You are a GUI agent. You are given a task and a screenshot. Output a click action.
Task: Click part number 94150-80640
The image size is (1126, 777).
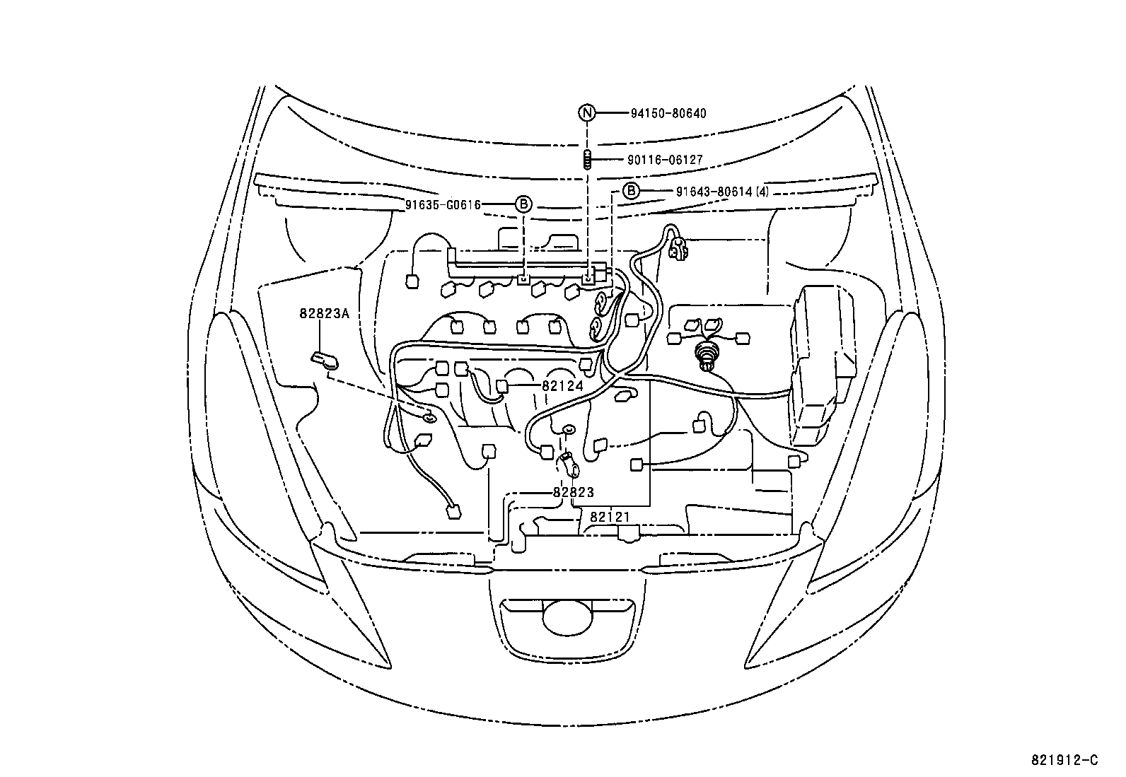click(666, 113)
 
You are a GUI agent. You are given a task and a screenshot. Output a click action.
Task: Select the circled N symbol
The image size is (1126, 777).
click(586, 113)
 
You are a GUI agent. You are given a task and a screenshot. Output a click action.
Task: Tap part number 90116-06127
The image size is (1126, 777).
click(664, 160)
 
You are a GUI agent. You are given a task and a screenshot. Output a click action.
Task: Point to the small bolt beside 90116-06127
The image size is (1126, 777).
click(587, 160)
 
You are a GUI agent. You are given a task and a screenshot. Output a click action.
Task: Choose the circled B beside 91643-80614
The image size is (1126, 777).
click(631, 191)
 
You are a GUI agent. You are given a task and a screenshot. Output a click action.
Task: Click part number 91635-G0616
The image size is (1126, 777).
click(443, 205)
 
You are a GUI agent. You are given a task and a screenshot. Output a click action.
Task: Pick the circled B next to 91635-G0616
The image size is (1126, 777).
click(522, 205)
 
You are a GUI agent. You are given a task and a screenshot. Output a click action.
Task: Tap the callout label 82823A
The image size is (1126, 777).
click(324, 313)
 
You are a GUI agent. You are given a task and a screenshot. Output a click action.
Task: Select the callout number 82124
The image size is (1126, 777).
click(562, 386)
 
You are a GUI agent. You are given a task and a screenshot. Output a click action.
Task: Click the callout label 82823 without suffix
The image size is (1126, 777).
click(573, 492)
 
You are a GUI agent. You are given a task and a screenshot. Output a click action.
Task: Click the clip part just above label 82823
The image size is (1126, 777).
click(569, 463)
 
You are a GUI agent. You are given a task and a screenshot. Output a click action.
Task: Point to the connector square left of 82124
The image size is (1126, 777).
click(502, 386)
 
